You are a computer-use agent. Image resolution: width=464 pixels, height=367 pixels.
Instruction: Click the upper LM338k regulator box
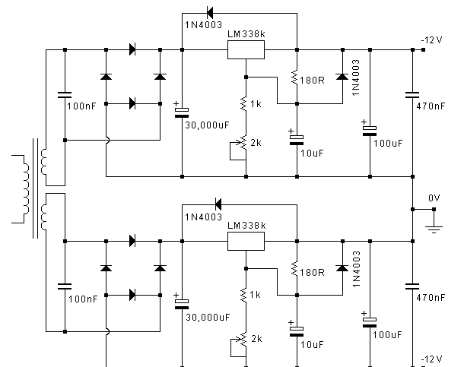pos(246,50)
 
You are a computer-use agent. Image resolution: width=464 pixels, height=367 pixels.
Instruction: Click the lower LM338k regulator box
pos(246,242)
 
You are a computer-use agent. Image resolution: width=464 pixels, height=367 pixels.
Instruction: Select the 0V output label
pos(434,198)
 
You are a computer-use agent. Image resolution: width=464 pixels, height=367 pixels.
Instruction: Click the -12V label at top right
pos(432,40)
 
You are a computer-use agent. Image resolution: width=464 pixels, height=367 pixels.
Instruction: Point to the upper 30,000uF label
pos(207,125)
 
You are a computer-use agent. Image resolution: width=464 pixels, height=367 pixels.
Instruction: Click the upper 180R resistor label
pos(312,81)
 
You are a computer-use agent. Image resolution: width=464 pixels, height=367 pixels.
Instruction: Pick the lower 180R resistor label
pos(312,273)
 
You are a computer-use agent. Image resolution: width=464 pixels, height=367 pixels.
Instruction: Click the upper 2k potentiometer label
pos(256,143)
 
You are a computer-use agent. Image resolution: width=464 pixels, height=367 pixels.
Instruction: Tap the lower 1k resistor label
pos(255,295)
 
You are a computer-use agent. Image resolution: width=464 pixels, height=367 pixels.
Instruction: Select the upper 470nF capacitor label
pos(431,106)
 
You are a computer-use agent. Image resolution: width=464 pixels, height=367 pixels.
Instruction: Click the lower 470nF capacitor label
pos(431,298)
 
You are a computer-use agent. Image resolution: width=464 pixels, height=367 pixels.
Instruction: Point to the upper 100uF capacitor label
pos(388,144)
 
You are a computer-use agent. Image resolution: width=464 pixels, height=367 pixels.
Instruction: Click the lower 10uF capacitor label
pos(312,344)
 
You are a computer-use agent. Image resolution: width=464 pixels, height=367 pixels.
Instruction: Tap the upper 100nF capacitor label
pos(81,106)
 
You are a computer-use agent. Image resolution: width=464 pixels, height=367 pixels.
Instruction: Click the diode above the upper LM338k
pos(210,13)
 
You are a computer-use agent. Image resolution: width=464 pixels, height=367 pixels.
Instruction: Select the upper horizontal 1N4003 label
pos(204,25)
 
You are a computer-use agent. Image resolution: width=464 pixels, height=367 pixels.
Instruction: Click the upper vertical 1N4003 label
pos(356,78)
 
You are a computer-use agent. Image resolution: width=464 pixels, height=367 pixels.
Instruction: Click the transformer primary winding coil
pos(26,189)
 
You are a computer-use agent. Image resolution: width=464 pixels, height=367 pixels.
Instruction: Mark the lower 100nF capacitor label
pos(83,299)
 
